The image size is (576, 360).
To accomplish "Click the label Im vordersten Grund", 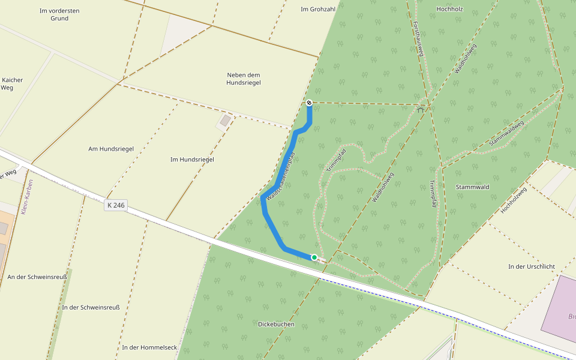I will tap(59, 14).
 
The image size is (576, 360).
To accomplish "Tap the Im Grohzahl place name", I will tap(316, 10).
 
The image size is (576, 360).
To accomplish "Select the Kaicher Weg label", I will tap(12, 83).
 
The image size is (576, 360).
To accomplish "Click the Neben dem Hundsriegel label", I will tap(244, 79).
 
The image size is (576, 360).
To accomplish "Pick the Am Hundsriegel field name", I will tap(111, 149).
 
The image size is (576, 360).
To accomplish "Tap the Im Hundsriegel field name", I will tap(192, 160).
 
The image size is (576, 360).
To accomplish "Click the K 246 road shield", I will tap(116, 205).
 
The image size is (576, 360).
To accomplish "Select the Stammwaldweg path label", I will tap(506, 133).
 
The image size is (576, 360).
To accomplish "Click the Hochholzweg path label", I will tap(514, 200).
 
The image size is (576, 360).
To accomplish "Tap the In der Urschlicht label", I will tap(532, 266).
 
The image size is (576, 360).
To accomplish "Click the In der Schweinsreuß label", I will tap(91, 308).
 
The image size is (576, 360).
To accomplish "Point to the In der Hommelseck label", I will tap(149, 347).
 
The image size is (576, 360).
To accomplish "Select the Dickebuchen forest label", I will tap(276, 324).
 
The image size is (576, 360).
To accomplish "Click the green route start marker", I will tap(314, 257).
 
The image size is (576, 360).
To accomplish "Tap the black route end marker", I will tap(309, 103).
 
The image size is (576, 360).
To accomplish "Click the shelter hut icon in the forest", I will tap(420, 109).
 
